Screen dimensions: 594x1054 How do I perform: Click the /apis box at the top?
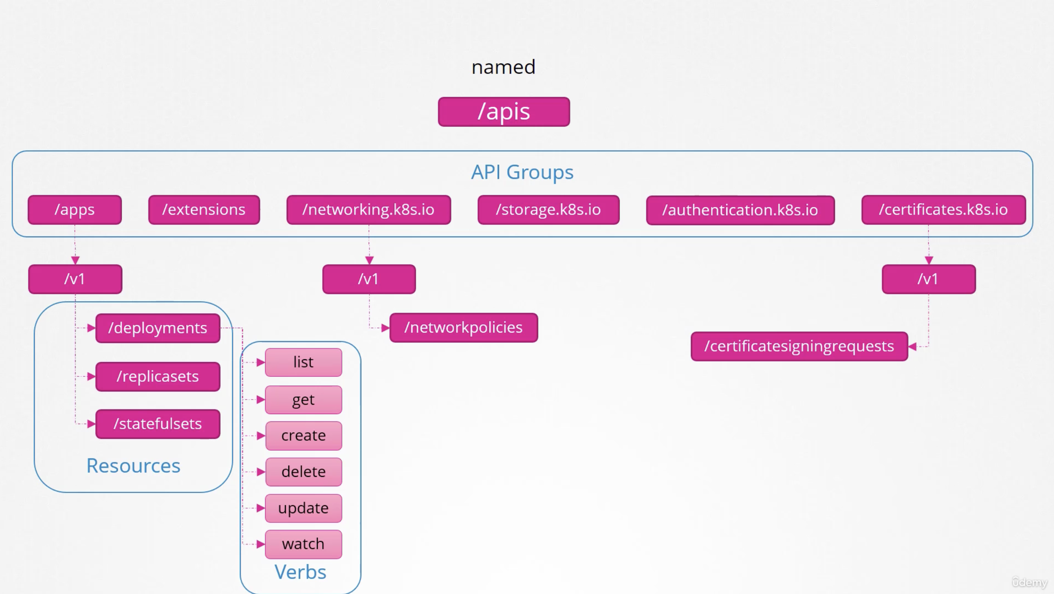click(504, 112)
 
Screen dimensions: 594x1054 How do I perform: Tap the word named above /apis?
click(503, 67)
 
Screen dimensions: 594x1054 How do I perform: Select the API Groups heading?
click(522, 172)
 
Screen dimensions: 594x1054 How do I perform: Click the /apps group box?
click(75, 210)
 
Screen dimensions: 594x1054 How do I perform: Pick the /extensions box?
click(204, 210)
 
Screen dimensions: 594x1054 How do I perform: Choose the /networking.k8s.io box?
click(369, 210)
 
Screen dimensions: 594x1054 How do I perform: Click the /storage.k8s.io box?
click(548, 210)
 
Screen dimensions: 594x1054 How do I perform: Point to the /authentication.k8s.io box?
click(740, 210)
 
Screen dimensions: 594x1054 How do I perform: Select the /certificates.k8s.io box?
click(943, 210)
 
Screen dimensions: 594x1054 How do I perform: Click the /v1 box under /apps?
click(75, 279)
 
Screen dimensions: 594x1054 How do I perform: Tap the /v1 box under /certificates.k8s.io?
click(928, 279)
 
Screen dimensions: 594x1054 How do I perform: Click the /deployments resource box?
click(157, 328)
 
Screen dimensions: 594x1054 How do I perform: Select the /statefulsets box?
click(157, 424)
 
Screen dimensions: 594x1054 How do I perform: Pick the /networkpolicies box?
click(463, 327)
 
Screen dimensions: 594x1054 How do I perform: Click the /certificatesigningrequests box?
click(799, 346)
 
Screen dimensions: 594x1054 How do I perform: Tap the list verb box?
click(303, 362)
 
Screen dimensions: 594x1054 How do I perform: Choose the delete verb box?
click(303, 472)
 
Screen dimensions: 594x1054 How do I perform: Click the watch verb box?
click(303, 544)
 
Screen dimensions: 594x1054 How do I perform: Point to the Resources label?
click(133, 466)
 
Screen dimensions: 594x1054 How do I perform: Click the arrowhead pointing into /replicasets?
click(91, 376)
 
